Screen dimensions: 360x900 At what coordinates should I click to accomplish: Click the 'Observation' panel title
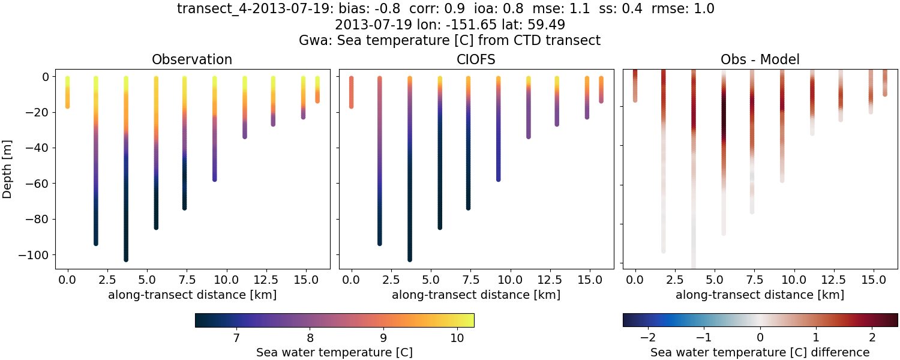click(x=192, y=59)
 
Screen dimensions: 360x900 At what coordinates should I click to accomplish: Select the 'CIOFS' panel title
click(x=476, y=59)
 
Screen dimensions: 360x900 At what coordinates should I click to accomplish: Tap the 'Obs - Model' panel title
click(x=760, y=59)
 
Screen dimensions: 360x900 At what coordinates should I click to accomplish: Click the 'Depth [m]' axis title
click(x=8, y=169)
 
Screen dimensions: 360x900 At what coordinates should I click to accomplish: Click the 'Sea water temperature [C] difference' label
click(x=760, y=352)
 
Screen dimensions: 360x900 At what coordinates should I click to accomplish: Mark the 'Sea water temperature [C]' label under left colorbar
click(x=334, y=352)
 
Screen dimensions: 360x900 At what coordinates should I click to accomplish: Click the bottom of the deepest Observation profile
click(x=126, y=259)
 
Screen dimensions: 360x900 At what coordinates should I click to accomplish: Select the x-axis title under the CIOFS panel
click(x=476, y=295)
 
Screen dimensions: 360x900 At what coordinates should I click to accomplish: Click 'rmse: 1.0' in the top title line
click(x=683, y=9)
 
